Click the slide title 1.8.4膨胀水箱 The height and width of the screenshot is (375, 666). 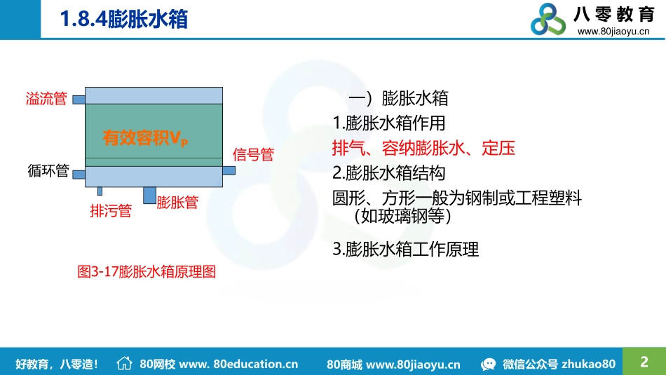[x=124, y=19]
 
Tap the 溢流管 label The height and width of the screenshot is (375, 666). [x=46, y=99]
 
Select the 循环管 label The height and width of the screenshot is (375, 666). [x=48, y=170]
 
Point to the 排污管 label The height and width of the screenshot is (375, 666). [x=111, y=210]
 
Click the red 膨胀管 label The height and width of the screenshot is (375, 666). [x=177, y=203]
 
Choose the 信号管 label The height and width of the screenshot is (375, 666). [x=252, y=155]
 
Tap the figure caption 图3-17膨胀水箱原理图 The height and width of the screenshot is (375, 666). [x=146, y=272]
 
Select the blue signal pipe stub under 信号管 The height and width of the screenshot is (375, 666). [x=229, y=170]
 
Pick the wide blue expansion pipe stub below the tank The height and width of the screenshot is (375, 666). [x=149, y=195]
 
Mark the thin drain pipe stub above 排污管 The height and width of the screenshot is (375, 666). [x=100, y=191]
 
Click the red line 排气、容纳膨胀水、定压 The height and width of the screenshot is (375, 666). [x=423, y=148]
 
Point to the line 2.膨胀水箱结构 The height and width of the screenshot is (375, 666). [x=388, y=172]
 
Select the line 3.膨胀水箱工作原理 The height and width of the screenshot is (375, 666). [x=405, y=249]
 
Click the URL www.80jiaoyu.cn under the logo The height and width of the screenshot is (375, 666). [x=613, y=32]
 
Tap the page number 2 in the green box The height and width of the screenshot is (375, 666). [x=644, y=362]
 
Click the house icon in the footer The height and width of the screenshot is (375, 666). [x=124, y=363]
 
